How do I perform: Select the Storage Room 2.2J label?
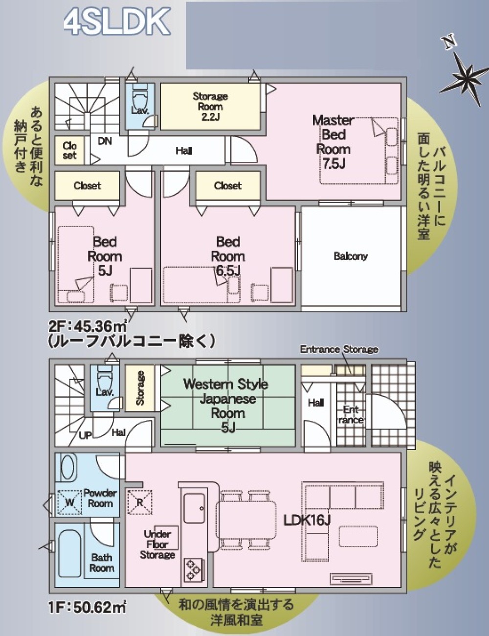coord(210,106)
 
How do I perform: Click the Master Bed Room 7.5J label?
coord(333,142)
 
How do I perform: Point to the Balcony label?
coord(351,256)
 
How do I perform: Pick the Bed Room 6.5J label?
coord(228,256)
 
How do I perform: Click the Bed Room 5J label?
coord(105,256)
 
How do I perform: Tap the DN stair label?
coord(105,141)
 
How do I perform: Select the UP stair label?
coord(85,435)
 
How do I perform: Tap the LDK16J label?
coord(307,520)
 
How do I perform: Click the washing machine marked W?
coord(69,502)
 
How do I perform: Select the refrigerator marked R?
coord(139,501)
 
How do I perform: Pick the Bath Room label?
coord(102,563)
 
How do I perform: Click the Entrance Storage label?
coord(339,349)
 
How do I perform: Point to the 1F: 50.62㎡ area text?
coord(88,608)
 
